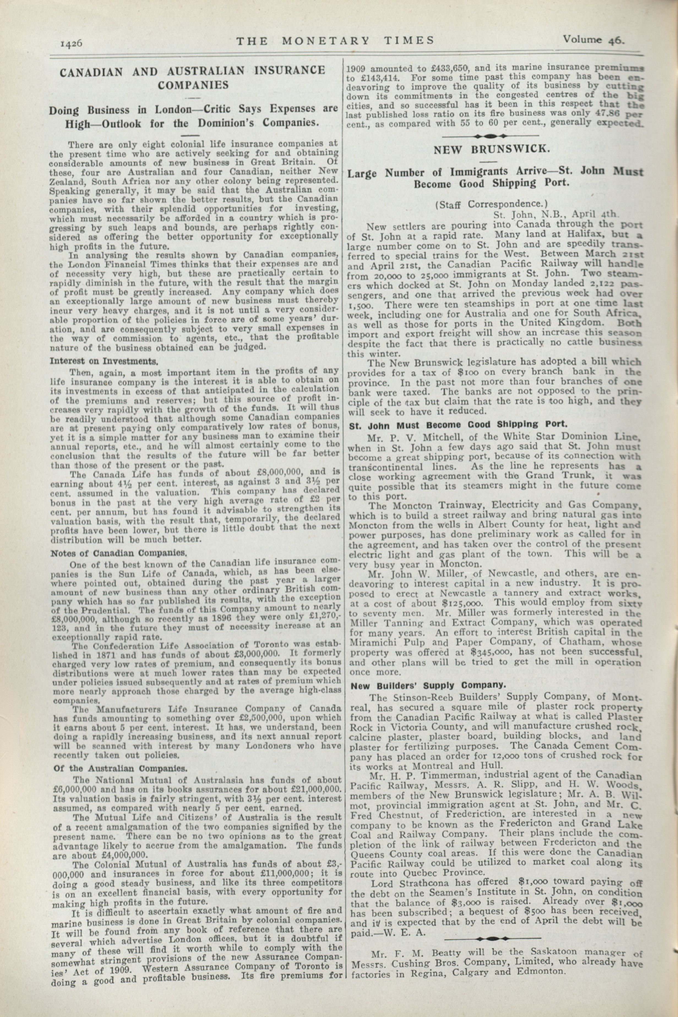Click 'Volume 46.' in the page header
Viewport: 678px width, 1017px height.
pyautogui.click(x=593, y=40)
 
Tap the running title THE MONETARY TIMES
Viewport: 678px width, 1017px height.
pyautogui.click(x=335, y=41)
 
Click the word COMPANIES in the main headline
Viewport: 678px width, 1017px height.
pyautogui.click(x=193, y=85)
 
